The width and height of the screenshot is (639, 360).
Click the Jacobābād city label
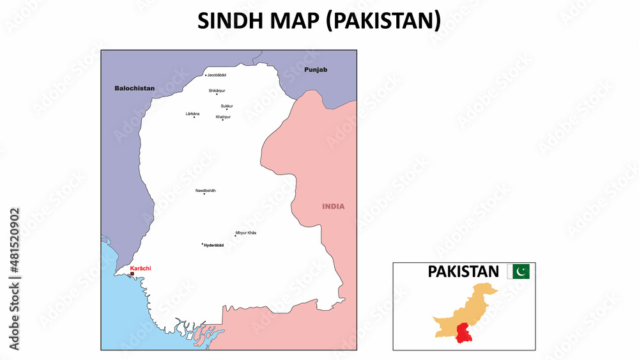217,75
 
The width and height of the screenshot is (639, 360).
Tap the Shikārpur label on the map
217,90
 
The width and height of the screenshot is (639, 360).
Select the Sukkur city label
227,106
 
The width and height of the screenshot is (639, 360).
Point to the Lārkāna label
192,113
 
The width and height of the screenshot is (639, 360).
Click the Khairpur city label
223,116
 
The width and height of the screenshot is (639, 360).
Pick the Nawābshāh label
206,190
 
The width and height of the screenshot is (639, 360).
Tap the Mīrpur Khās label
246,233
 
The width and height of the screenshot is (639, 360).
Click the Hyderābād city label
214,246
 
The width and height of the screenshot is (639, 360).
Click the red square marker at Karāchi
132,274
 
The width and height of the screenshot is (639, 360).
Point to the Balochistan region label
134,88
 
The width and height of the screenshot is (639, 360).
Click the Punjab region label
316,69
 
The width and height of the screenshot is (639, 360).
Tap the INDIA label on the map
333,207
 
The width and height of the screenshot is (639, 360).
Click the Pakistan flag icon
518,272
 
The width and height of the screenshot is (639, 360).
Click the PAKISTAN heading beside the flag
463,272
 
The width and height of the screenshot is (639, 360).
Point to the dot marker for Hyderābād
203,244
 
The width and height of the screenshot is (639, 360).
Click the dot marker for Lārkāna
194,117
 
